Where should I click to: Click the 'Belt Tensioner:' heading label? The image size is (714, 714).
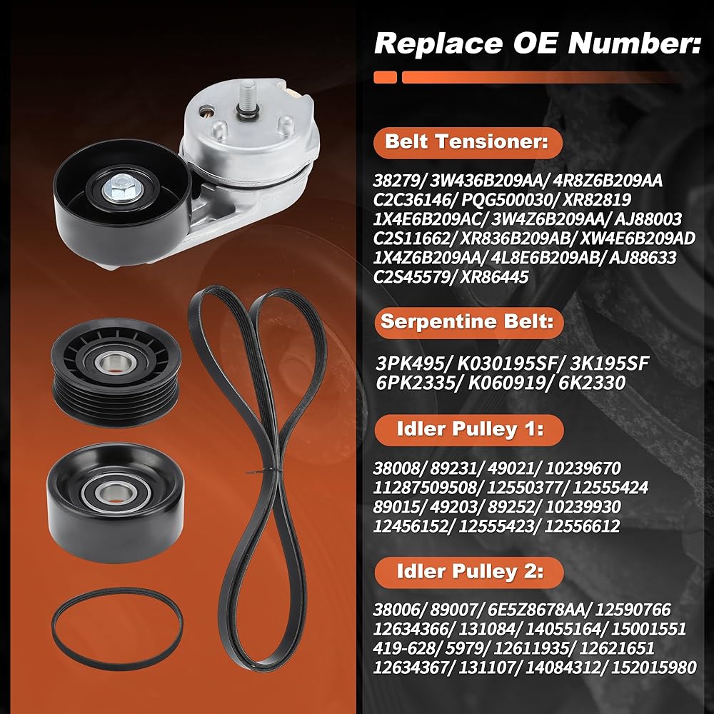(467, 142)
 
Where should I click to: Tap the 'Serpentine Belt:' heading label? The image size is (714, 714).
(467, 321)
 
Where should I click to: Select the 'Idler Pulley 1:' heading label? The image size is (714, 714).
(471, 429)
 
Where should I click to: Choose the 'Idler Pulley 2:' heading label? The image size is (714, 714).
(471, 571)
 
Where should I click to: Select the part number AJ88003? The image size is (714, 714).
(648, 219)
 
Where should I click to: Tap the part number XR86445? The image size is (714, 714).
(495, 277)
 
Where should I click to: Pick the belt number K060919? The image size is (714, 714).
(507, 383)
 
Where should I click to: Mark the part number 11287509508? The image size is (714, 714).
(425, 488)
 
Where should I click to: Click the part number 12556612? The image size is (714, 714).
(582, 526)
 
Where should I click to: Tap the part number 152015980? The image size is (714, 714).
(653, 668)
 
